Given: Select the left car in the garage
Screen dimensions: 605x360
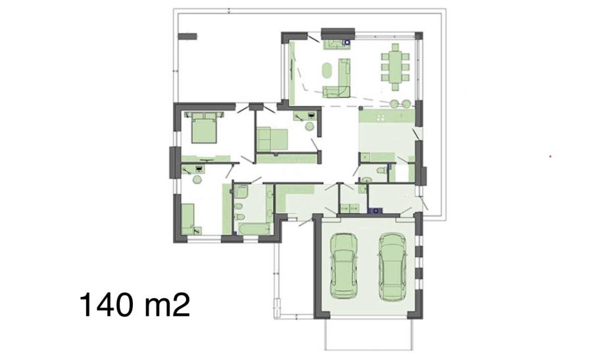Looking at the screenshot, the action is point(343,266).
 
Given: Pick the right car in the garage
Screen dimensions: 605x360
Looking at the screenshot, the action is point(392,267).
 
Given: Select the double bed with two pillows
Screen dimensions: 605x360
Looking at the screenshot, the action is point(204,128).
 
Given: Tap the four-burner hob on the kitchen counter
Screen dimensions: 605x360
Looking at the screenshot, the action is point(381,118).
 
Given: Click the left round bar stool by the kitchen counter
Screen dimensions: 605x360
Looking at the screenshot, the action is point(395,103).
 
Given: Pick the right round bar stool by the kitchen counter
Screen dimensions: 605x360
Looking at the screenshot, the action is point(406,103).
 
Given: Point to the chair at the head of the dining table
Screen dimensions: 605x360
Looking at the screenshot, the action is point(395,47).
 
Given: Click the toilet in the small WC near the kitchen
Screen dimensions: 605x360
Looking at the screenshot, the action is point(381,170).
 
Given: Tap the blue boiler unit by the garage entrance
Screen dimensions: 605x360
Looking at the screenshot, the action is point(375,211).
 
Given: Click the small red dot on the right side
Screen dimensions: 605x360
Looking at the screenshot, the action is point(550,157).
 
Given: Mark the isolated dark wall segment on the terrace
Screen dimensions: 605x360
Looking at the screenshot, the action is point(187,36).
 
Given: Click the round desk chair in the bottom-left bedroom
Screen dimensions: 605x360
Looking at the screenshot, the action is point(197,180).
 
